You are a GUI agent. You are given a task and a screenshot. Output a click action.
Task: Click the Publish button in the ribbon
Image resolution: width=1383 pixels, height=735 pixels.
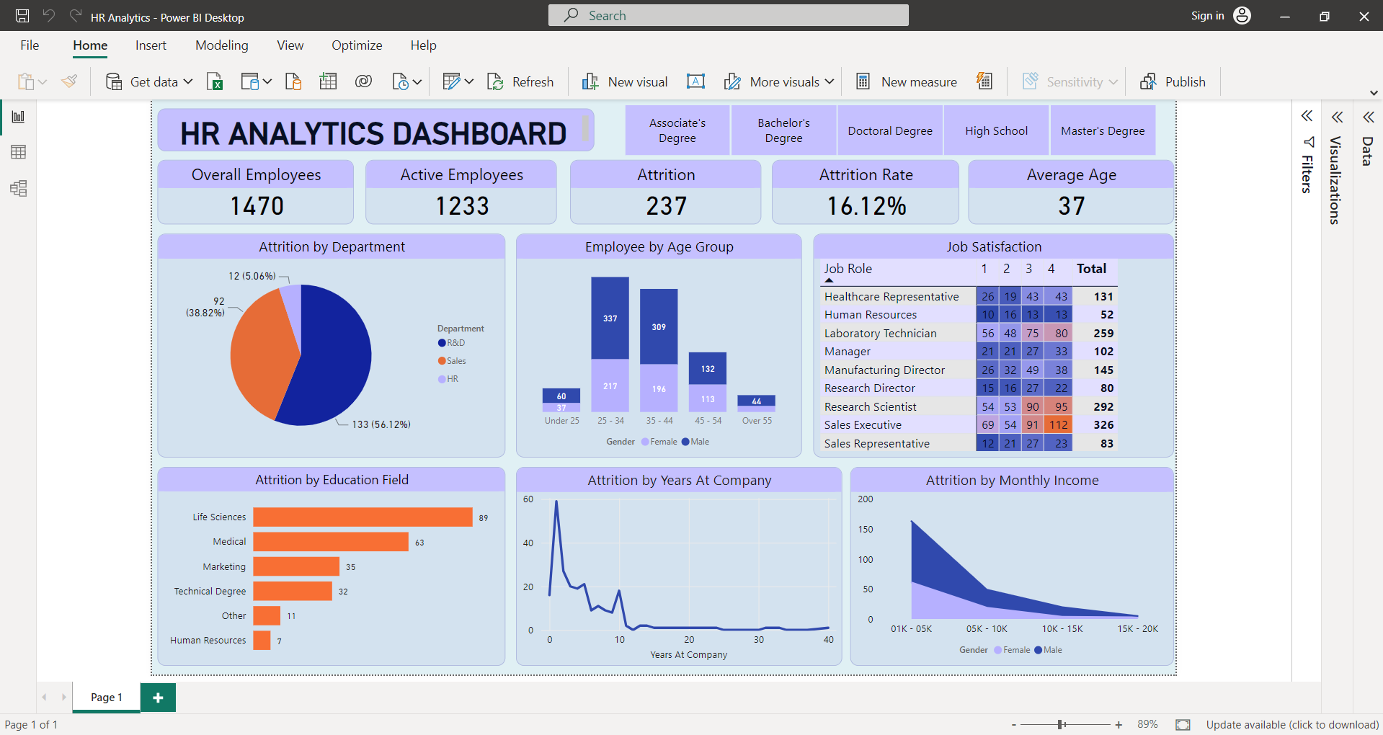(x=1173, y=81)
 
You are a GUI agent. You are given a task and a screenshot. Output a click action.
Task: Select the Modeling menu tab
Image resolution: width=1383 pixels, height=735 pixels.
(x=221, y=45)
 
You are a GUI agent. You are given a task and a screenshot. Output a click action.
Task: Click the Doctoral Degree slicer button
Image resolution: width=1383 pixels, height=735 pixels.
(x=889, y=130)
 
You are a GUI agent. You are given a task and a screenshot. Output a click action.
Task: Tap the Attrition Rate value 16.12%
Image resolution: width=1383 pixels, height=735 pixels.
(x=866, y=206)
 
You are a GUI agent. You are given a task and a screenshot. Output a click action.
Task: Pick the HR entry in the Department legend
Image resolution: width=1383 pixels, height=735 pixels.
(x=452, y=379)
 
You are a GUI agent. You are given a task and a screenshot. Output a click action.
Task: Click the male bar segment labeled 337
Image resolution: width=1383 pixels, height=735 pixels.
(x=610, y=318)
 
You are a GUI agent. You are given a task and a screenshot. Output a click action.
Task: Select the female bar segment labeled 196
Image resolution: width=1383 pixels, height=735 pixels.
(x=659, y=388)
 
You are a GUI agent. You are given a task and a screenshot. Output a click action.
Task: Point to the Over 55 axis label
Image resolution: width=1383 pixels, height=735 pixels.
(x=757, y=421)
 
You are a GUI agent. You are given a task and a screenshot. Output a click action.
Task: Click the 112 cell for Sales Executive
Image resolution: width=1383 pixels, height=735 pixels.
(x=1058, y=425)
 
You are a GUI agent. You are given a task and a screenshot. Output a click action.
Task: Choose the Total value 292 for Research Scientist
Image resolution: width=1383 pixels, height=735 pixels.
(x=1103, y=406)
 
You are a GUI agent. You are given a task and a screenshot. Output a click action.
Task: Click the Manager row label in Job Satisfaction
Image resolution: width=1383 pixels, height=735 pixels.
(x=848, y=352)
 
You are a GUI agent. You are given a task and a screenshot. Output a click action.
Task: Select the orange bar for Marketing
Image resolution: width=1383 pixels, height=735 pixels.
(x=295, y=566)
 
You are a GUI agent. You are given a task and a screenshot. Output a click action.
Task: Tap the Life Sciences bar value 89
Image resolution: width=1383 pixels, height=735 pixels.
(x=484, y=518)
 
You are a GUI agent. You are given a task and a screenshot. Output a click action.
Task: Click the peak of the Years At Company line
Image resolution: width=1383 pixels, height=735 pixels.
(x=556, y=502)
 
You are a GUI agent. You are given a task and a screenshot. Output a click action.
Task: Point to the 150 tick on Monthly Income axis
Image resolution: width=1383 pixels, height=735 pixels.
(x=865, y=529)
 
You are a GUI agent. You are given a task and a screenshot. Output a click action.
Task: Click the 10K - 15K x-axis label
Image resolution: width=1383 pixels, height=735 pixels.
(x=1062, y=629)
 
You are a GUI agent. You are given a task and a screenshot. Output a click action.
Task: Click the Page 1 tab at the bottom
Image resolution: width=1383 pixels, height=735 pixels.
(x=107, y=697)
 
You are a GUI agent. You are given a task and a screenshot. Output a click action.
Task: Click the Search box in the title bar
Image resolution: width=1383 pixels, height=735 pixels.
(x=728, y=15)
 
